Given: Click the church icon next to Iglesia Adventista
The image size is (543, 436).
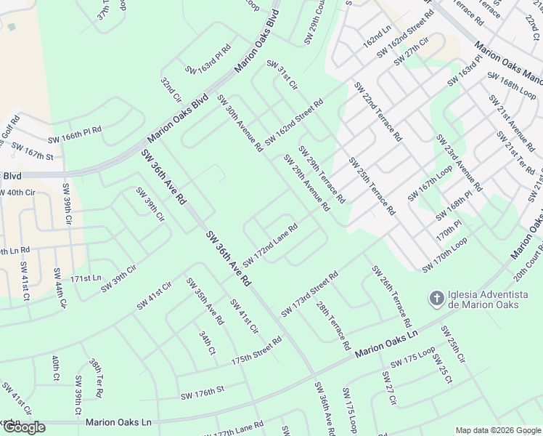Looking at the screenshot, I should [x=436, y=298].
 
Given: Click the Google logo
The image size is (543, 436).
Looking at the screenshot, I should [x=24, y=427].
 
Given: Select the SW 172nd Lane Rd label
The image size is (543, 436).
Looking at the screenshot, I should [x=270, y=245].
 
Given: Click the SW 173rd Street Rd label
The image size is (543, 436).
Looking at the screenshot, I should [x=310, y=294].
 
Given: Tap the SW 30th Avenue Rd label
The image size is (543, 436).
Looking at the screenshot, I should [x=240, y=123].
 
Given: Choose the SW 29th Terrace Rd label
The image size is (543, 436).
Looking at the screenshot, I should [x=322, y=174].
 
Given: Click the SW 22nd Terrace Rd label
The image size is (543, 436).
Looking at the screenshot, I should [x=377, y=111].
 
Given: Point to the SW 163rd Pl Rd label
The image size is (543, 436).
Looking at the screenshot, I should [x=208, y=60].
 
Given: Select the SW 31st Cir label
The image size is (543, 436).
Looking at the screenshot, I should [x=282, y=76].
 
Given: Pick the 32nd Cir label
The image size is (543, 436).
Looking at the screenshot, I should [x=171, y=89].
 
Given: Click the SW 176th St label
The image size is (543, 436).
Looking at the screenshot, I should [x=203, y=392].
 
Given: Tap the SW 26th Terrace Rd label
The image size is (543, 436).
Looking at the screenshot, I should [x=392, y=295].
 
